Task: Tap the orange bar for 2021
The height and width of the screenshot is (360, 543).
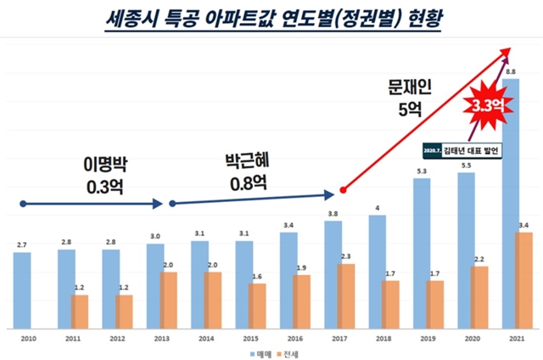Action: click(525, 280)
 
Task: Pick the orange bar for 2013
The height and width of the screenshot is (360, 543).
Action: click(168, 301)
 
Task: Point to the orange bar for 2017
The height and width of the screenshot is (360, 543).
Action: click(346, 296)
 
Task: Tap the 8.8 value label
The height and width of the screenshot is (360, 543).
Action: click(511, 71)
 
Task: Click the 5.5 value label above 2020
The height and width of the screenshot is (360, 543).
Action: click(467, 166)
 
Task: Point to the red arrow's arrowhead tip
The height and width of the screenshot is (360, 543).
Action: click(512, 49)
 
